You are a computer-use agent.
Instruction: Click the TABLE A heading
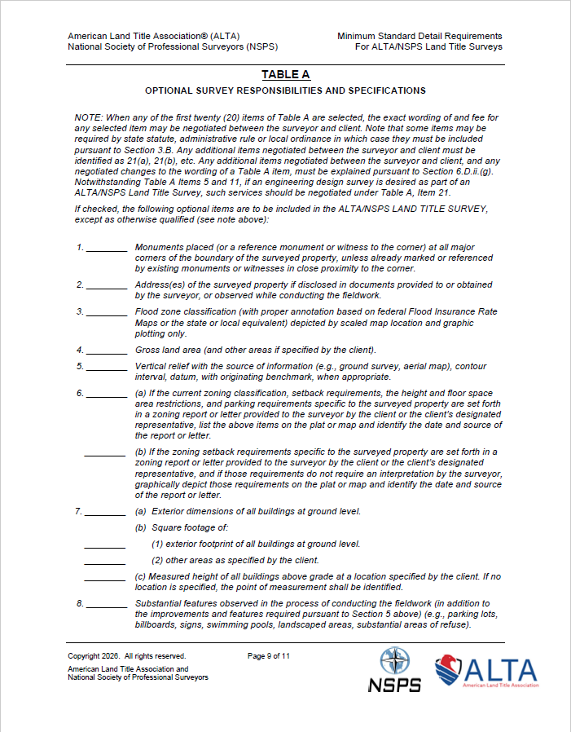[285, 75]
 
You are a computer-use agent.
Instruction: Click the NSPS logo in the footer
[394, 670]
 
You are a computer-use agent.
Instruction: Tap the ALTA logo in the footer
[485, 672]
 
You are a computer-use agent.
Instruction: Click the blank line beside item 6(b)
[105, 454]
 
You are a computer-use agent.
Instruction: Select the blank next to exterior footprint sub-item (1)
[105, 546]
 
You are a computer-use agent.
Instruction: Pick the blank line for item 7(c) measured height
[105, 580]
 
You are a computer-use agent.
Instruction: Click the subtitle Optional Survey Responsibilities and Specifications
[285, 90]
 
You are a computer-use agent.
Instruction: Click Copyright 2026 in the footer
[94, 655]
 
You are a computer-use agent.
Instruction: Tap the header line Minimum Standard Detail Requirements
[419, 36]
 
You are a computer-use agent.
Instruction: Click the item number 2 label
[81, 284]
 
